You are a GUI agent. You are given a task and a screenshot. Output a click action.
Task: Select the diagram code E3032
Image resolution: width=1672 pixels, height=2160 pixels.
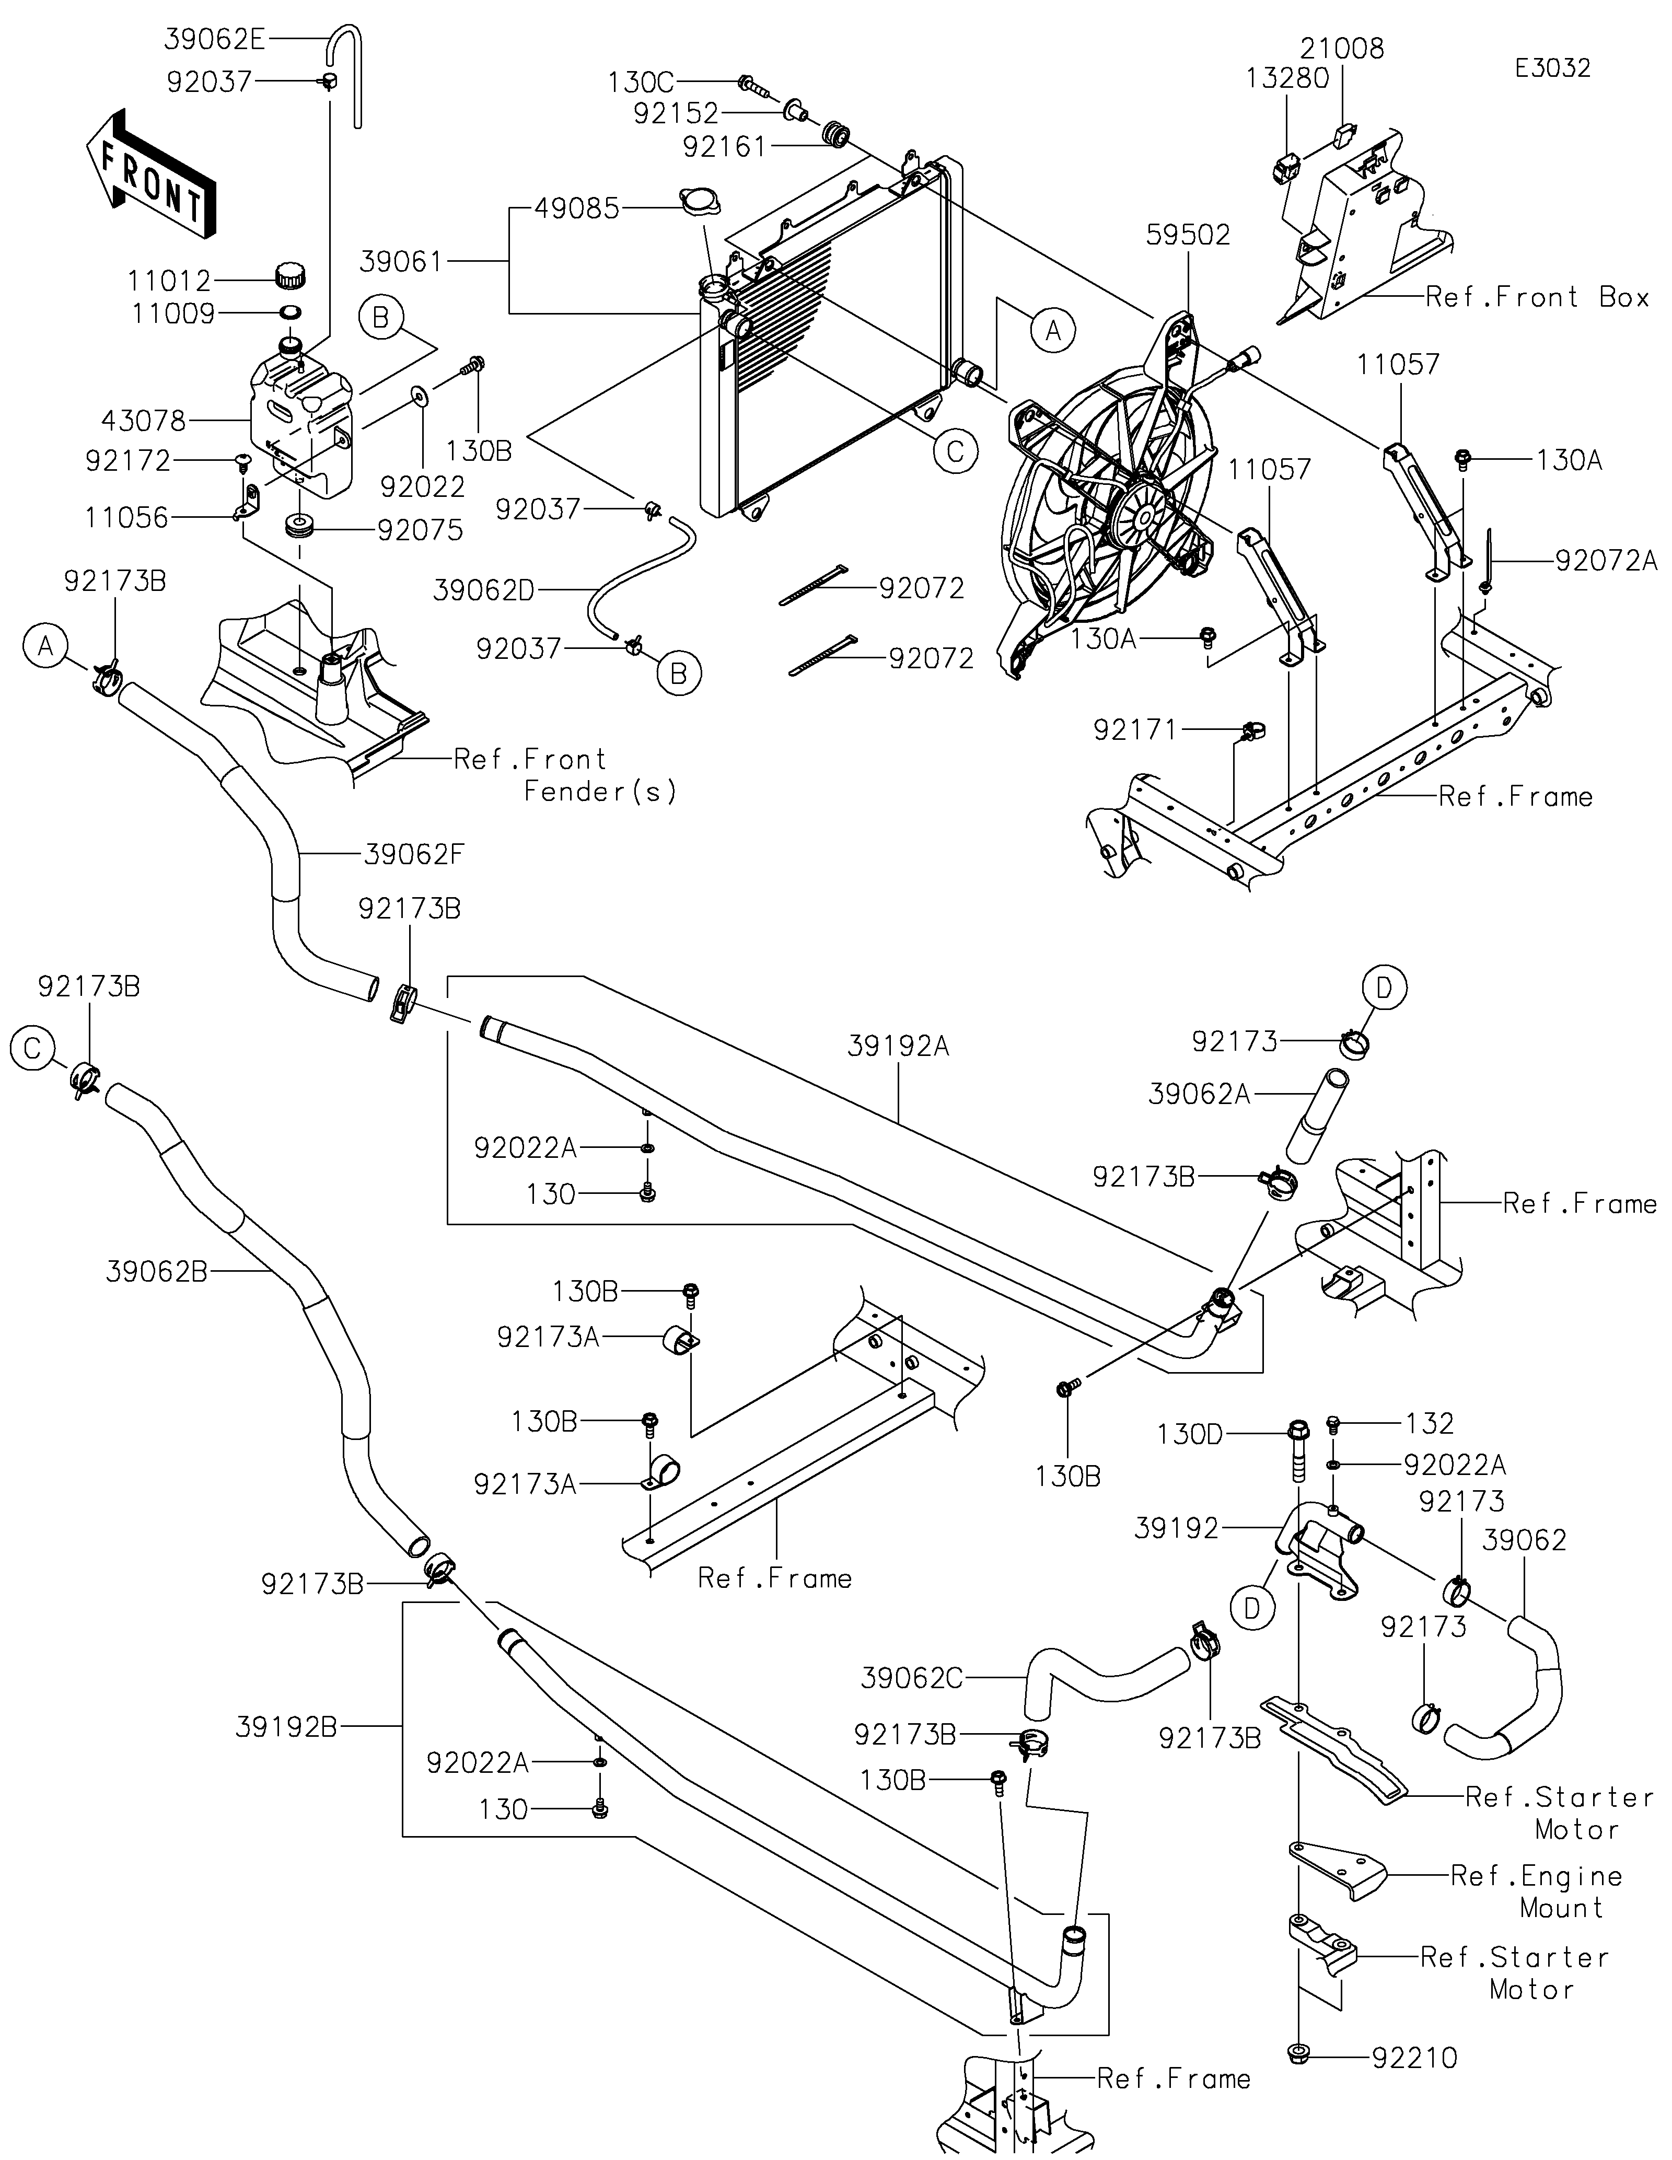click(x=1552, y=68)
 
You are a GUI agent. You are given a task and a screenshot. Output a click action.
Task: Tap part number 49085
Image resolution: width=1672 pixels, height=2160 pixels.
click(x=576, y=208)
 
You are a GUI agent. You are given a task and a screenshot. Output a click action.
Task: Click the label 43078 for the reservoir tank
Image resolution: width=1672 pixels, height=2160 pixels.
click(x=143, y=421)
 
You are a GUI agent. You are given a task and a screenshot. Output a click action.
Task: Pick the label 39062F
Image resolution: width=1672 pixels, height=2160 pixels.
click(x=413, y=854)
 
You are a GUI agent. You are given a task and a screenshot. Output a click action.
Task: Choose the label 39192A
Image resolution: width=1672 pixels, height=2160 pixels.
click(x=898, y=1047)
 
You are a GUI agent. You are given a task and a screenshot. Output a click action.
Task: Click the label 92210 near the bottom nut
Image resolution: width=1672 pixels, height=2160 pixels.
click(x=1414, y=2058)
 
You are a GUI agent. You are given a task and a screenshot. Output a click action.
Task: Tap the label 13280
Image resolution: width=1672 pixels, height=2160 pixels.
click(x=1287, y=78)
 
